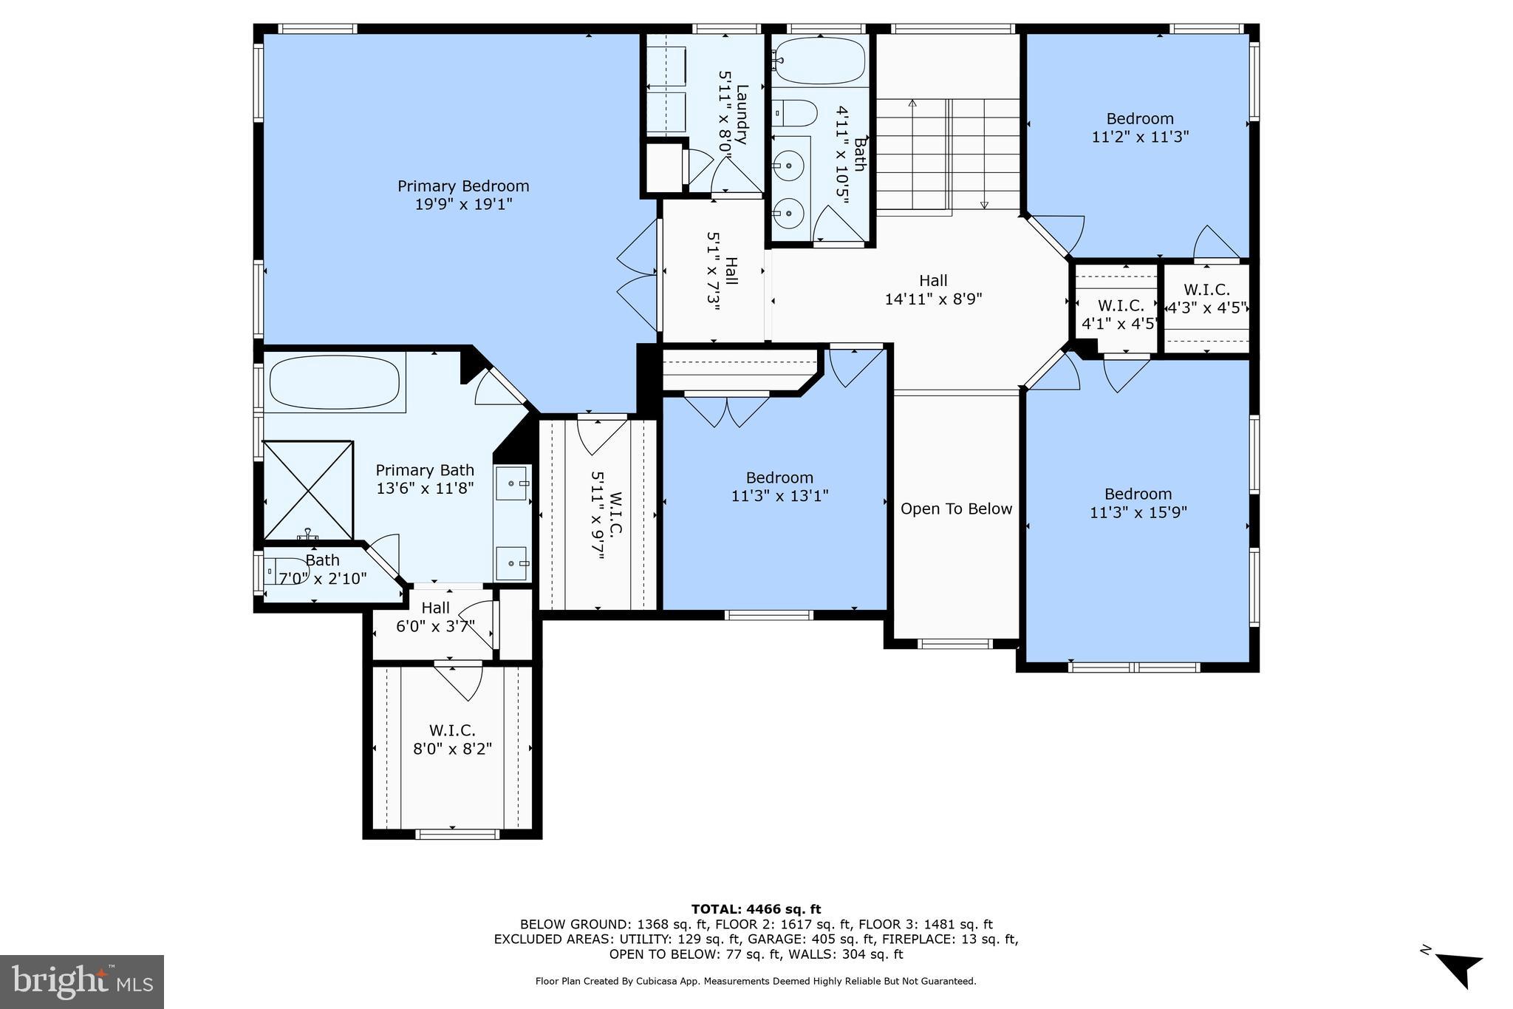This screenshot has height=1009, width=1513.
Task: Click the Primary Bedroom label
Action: pos(463,186)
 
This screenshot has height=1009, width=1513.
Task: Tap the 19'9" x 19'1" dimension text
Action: pos(463,204)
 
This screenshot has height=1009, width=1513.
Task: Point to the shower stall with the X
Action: pos(308,490)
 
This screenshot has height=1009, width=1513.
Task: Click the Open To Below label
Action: pos(956,509)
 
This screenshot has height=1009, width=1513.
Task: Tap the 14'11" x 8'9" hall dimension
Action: pos(933,299)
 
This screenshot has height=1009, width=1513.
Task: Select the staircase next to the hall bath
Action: pos(948,155)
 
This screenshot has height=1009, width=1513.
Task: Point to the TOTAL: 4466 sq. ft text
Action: pos(756,909)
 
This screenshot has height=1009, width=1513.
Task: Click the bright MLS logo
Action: pos(82,981)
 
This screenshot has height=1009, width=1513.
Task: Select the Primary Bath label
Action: pos(425,470)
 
